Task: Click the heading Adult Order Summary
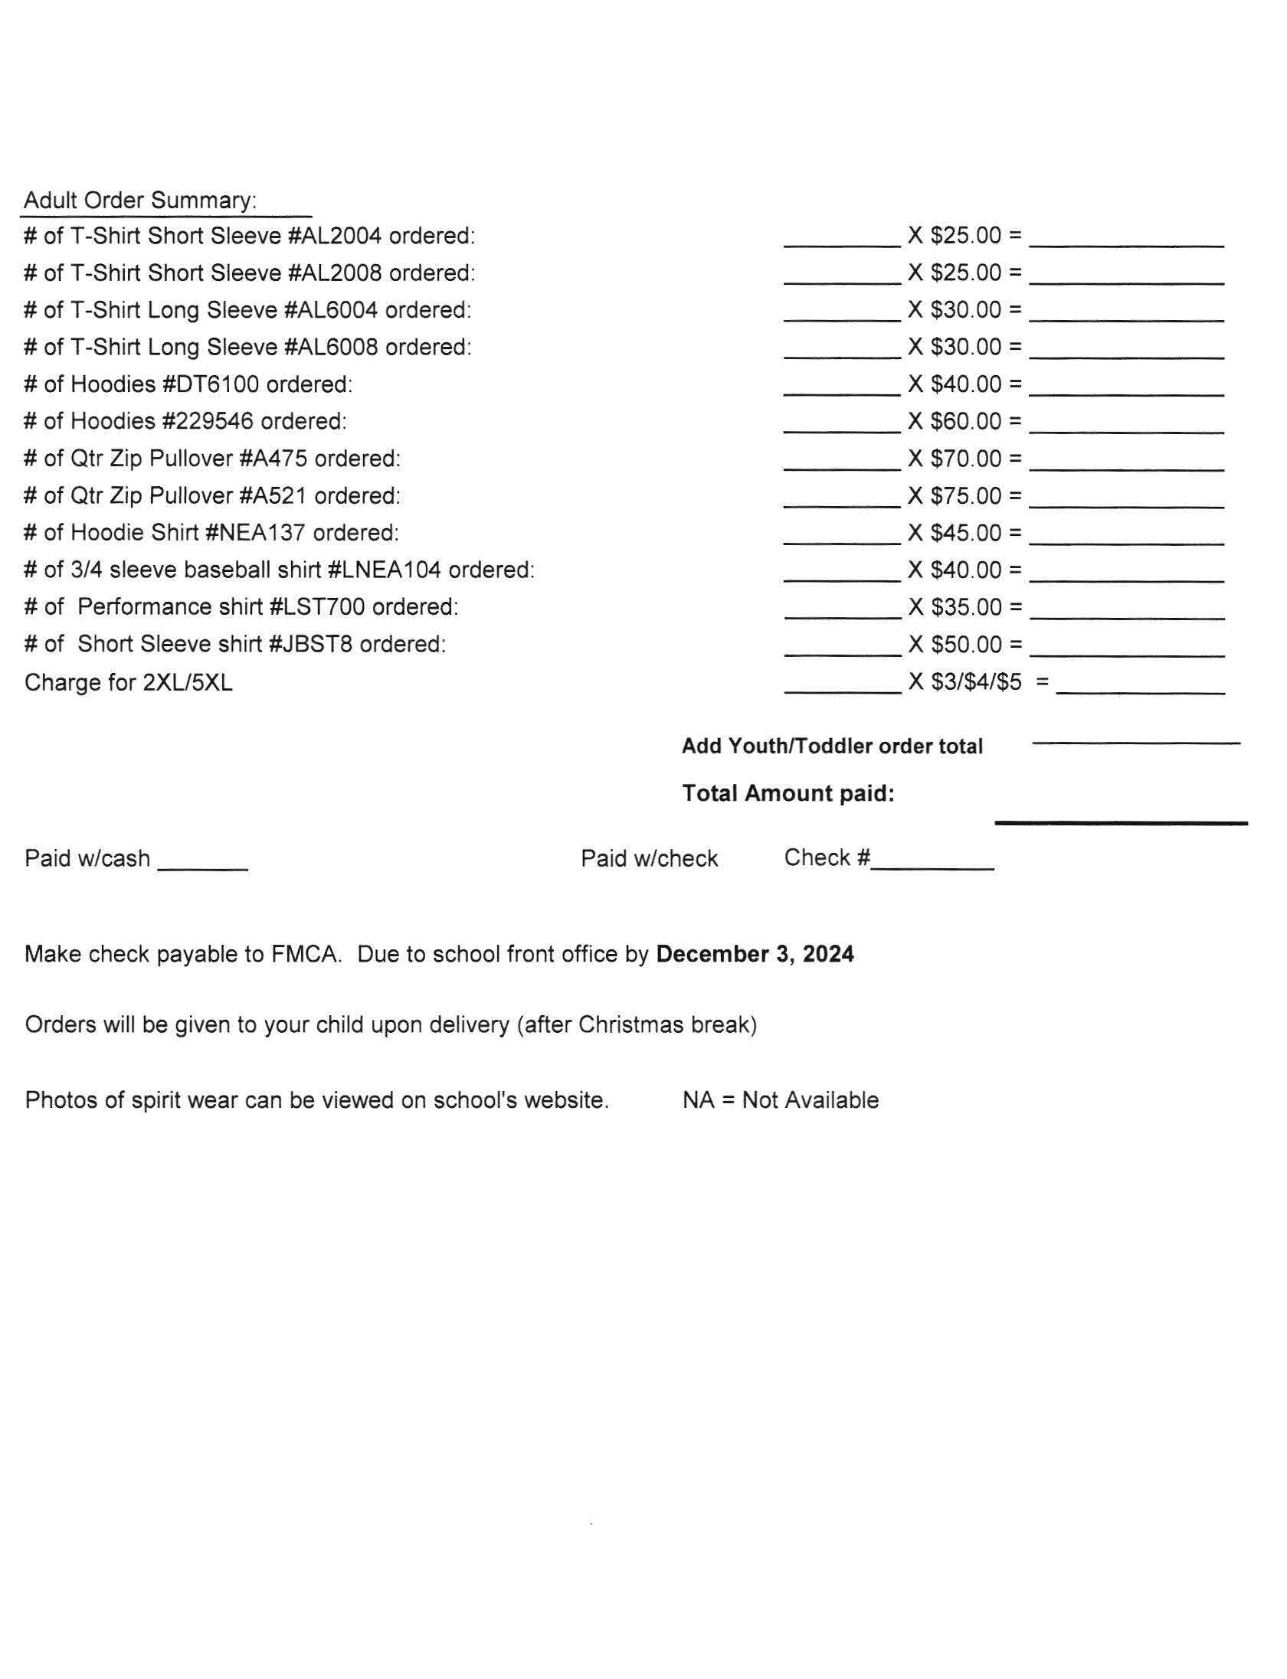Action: click(x=140, y=201)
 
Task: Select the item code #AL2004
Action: click(x=335, y=236)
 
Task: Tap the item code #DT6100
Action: click(x=211, y=384)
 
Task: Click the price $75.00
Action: click(x=966, y=496)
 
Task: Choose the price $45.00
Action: click(x=966, y=533)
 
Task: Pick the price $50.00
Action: click(x=966, y=645)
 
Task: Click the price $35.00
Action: click(x=966, y=607)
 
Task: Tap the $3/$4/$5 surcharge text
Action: click(x=976, y=682)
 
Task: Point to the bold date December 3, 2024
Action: click(x=755, y=954)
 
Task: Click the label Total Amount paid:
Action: click(x=788, y=793)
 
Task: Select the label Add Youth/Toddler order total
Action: click(x=832, y=746)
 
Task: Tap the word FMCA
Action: click(x=305, y=954)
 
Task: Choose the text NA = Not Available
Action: click(x=781, y=1100)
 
